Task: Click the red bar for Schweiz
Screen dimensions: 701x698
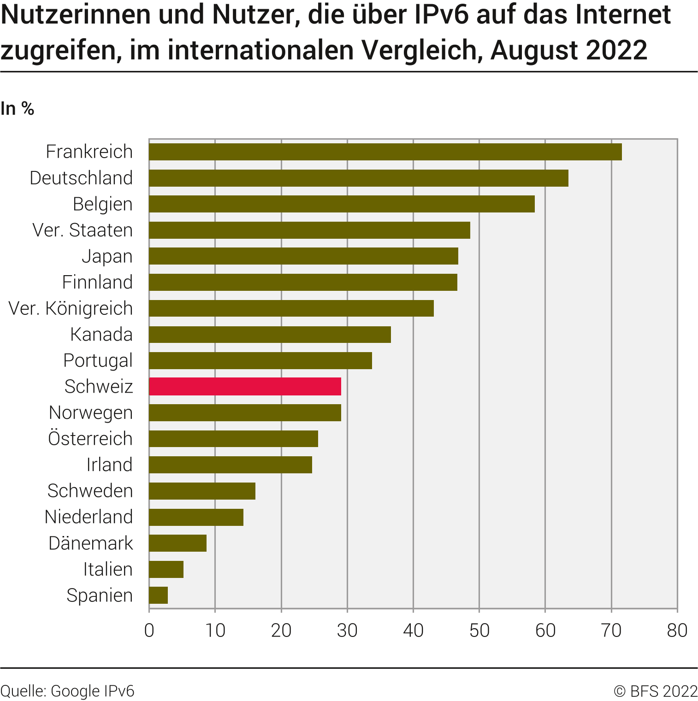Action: click(x=245, y=386)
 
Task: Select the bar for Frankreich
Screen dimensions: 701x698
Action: click(x=385, y=152)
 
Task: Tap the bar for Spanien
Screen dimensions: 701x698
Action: click(x=158, y=595)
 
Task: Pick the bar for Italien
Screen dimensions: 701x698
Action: click(x=166, y=569)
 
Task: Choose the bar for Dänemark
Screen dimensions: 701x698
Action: click(x=177, y=543)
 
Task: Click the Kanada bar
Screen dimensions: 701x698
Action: click(x=270, y=334)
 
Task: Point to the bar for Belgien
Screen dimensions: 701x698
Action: click(x=342, y=204)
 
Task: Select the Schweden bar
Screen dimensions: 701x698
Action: click(x=202, y=491)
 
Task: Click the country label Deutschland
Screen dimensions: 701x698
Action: click(x=81, y=178)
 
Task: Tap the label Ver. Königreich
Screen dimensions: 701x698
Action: click(x=71, y=308)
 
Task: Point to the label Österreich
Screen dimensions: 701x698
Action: click(x=90, y=438)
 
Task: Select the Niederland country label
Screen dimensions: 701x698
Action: click(x=89, y=517)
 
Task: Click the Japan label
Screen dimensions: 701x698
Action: click(x=107, y=256)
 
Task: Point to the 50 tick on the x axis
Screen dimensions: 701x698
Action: click(x=479, y=630)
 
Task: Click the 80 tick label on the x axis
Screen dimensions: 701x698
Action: click(x=677, y=630)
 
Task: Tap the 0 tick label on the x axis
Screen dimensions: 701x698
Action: click(x=149, y=630)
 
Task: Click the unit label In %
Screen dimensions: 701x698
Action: click(x=18, y=109)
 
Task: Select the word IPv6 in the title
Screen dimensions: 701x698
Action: click(x=441, y=14)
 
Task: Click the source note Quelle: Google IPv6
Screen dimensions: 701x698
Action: click(x=67, y=691)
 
